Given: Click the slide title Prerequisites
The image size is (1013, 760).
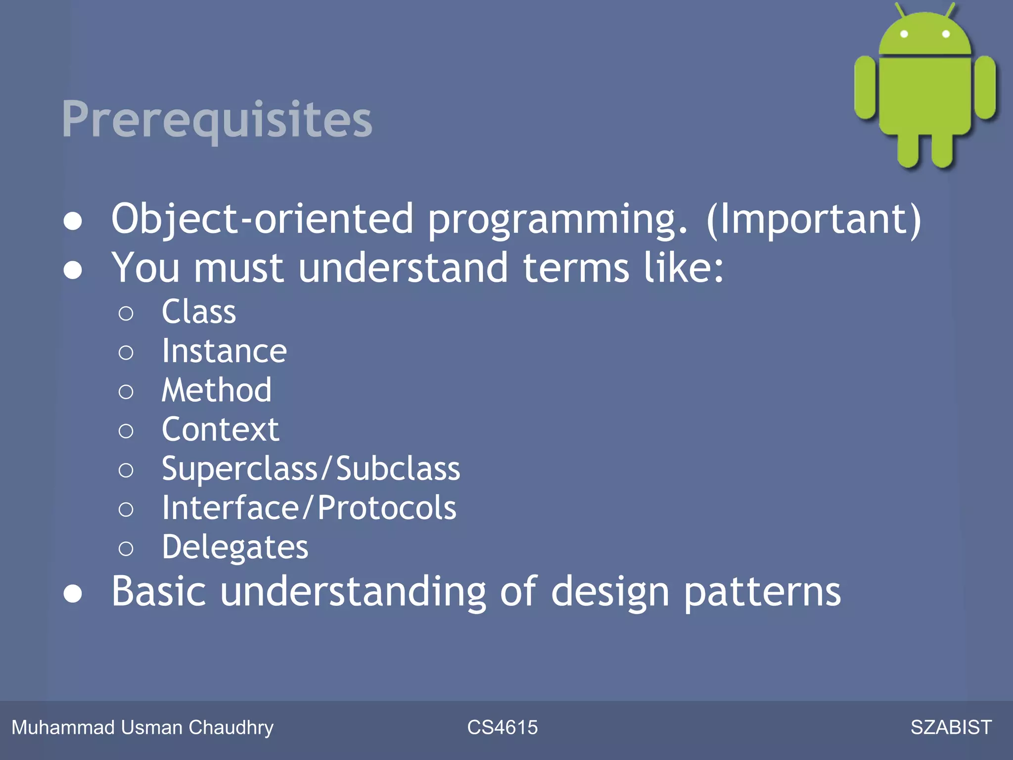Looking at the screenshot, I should (217, 119).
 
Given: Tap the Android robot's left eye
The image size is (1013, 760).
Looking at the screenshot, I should (904, 34).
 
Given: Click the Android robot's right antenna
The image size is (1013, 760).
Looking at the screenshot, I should (950, 10).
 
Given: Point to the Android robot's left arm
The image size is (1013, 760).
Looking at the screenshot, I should (865, 88).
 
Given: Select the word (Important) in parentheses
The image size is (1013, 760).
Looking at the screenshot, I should (814, 219).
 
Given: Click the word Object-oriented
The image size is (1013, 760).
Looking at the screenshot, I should (262, 219).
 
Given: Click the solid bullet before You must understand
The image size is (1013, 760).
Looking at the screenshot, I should (73, 270).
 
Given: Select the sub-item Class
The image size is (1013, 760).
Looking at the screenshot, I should (199, 312).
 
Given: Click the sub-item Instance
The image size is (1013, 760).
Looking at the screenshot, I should (224, 351).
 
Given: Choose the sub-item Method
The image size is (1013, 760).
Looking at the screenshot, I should (217, 390).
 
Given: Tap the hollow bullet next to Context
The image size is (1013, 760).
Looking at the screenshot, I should (126, 431).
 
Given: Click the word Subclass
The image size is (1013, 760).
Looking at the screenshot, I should (398, 469).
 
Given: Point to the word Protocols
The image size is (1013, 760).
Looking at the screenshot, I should (387, 508).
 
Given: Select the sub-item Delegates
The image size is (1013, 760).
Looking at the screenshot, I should (235, 547).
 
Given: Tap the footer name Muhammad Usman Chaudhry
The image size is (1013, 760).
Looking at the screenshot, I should (142, 727).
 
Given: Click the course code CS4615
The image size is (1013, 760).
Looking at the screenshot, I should (502, 727).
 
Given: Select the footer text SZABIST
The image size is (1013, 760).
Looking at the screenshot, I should (951, 727).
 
